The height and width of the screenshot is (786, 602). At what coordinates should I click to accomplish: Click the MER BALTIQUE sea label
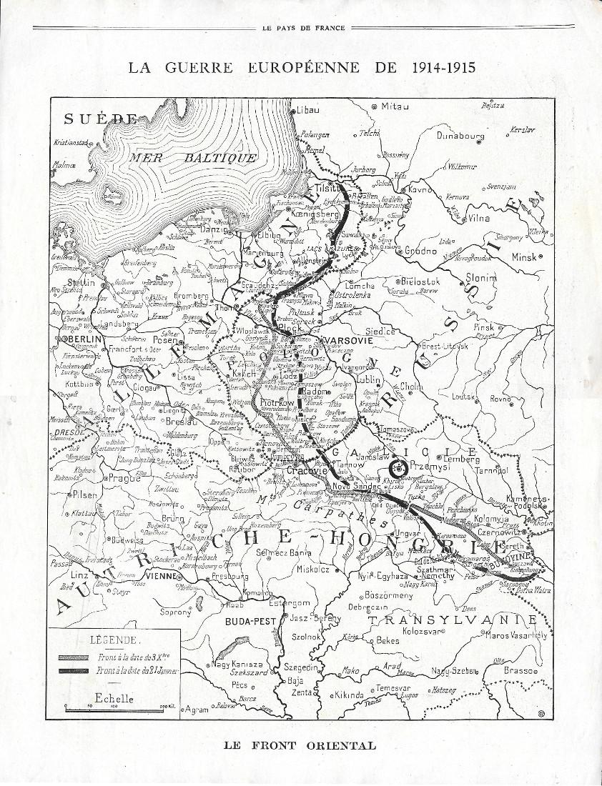tap(194, 157)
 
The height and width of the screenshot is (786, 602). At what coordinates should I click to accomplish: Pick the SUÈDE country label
tap(100, 119)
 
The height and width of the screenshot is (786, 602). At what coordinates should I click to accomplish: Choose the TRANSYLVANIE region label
tap(462, 620)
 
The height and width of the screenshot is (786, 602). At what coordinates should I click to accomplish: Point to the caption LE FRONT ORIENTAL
tap(300, 745)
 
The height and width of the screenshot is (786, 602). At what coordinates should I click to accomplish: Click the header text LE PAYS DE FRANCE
tap(300, 28)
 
